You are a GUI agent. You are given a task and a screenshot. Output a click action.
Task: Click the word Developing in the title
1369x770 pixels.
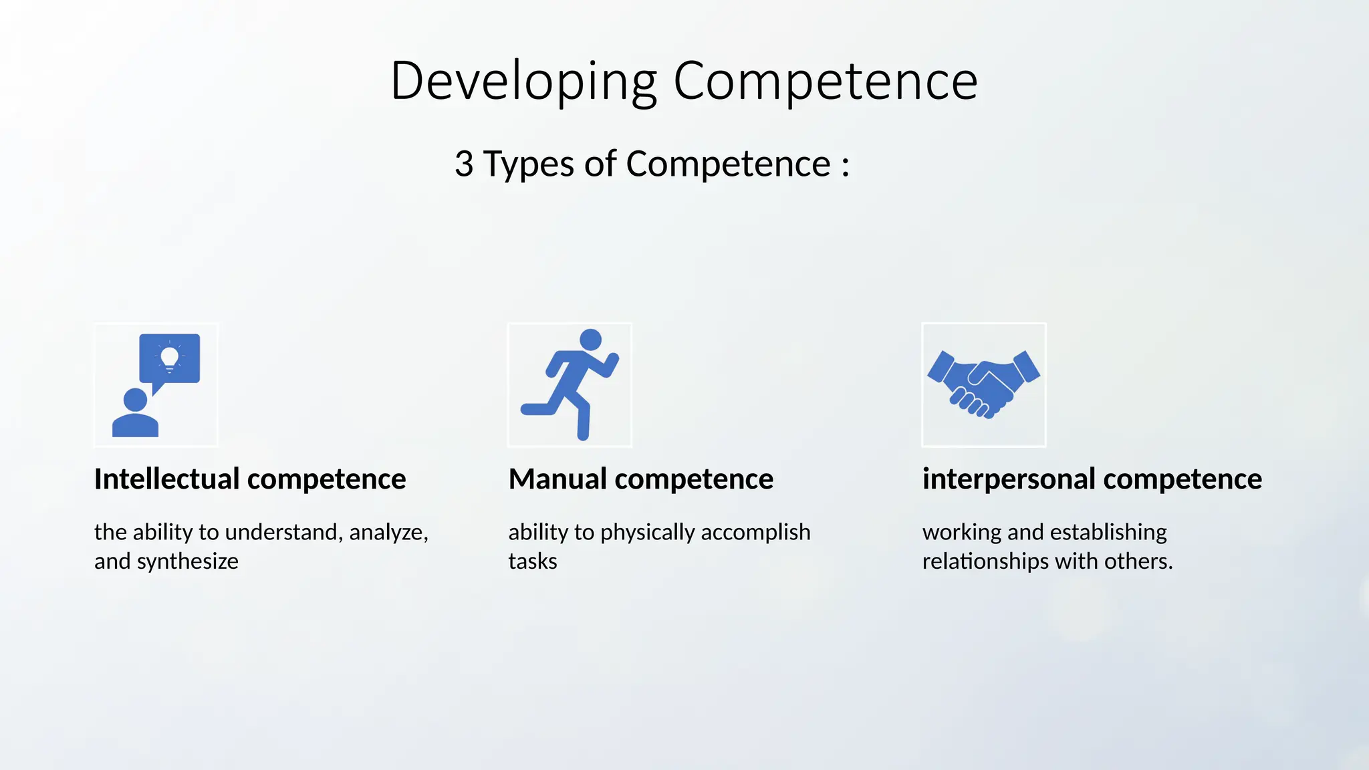pyautogui.click(x=523, y=82)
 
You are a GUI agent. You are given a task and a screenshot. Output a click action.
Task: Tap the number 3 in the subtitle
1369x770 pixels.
pyautogui.click(x=464, y=164)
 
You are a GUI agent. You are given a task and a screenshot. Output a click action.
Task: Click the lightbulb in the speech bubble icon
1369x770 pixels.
pyautogui.click(x=170, y=357)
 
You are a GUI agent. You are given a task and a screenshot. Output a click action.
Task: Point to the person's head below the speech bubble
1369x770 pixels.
pyautogui.click(x=136, y=400)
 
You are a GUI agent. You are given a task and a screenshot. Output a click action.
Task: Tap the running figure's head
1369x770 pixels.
pyautogui.click(x=590, y=340)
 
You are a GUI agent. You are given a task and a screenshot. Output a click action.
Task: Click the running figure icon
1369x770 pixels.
pyautogui.click(x=570, y=385)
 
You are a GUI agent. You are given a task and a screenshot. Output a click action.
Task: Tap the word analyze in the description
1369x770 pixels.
pyautogui.click(x=388, y=532)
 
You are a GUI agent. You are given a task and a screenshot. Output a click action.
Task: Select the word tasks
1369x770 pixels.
pyautogui.click(x=532, y=561)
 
